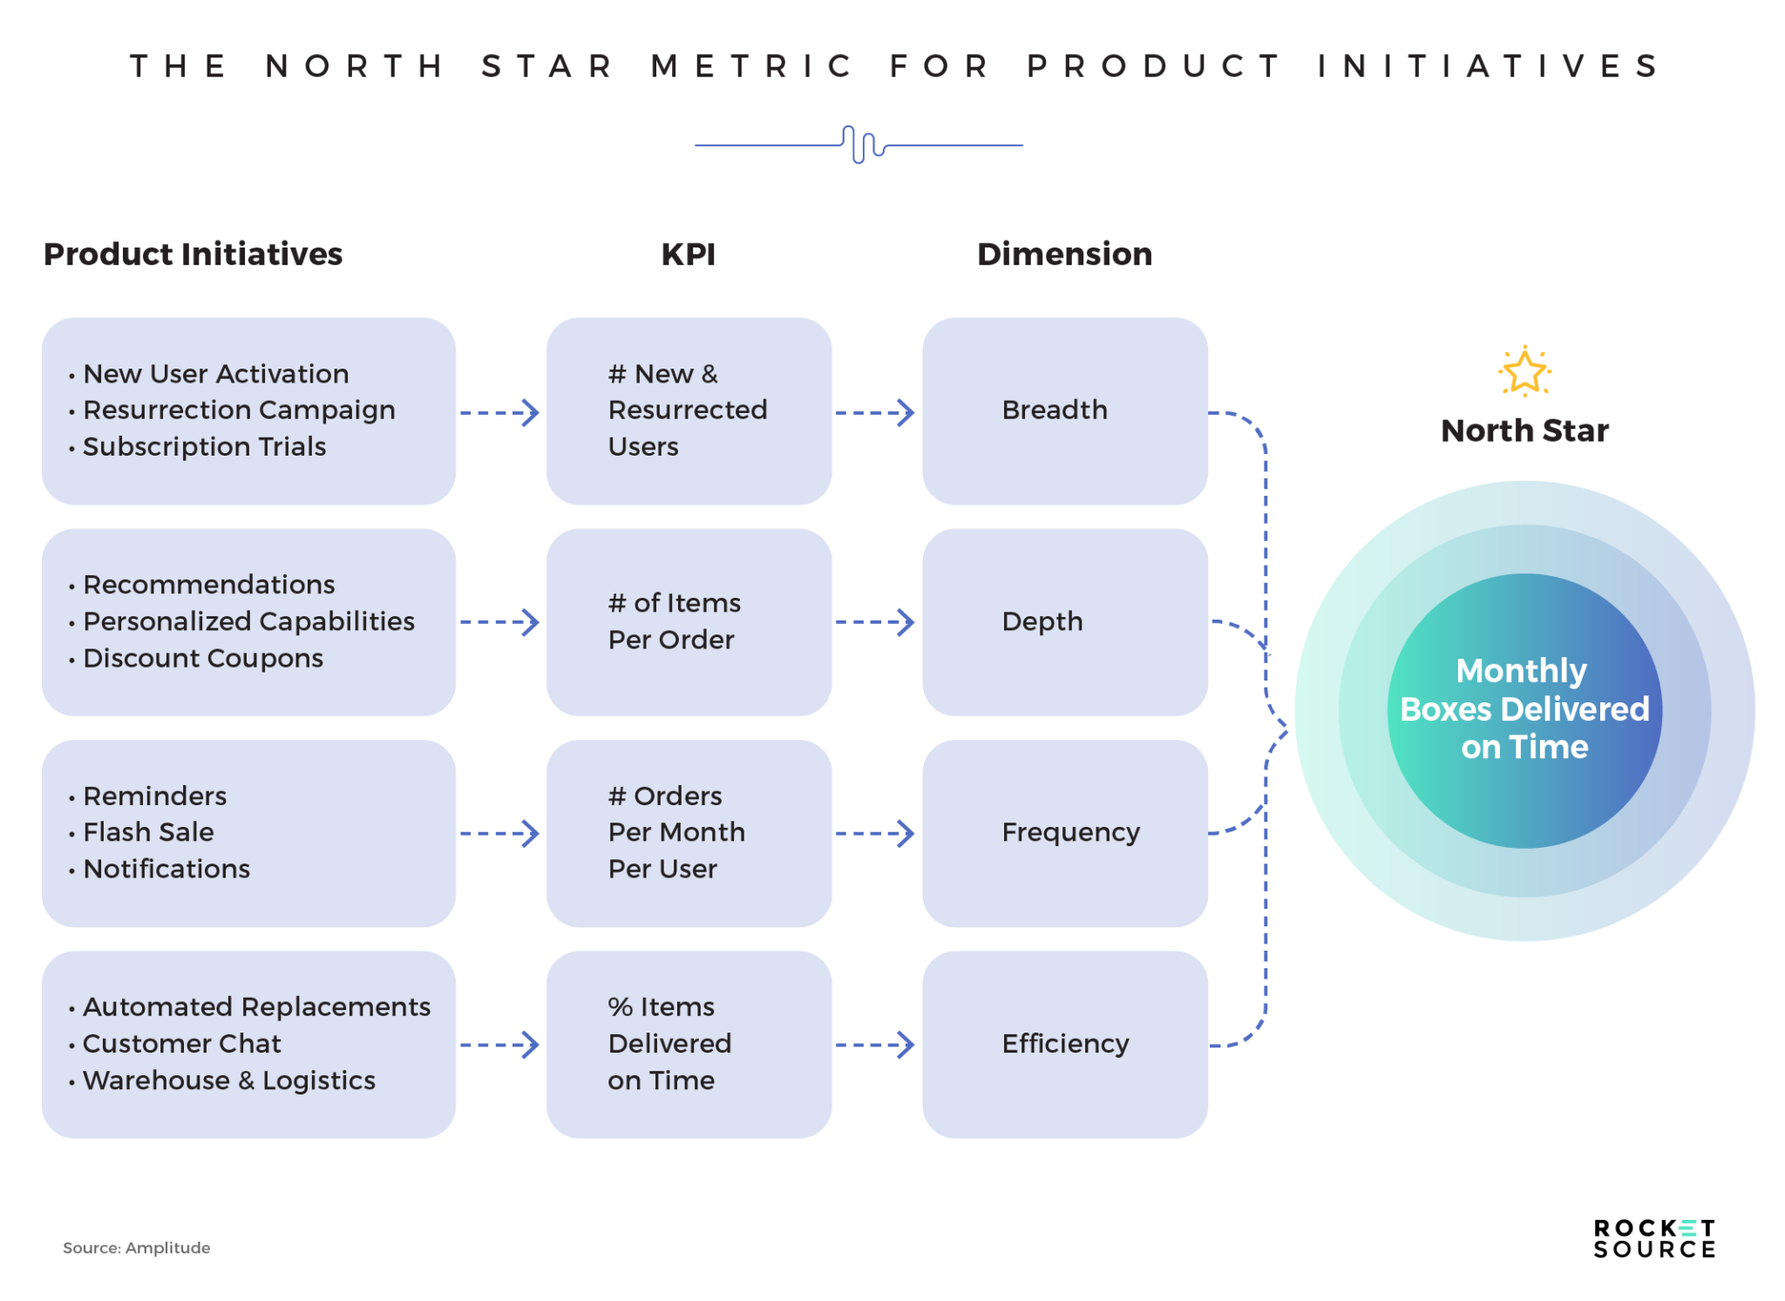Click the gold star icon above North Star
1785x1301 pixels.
pyautogui.click(x=1524, y=372)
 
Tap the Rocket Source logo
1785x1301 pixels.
pyautogui.click(x=1653, y=1238)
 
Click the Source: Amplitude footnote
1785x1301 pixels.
pyautogui.click(x=136, y=1248)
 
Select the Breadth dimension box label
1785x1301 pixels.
pyautogui.click(x=1055, y=410)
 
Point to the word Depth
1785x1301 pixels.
pyautogui.click(x=1042, y=621)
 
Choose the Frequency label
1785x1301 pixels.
pyautogui.click(x=1070, y=832)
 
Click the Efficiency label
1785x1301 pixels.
pyautogui.click(x=1065, y=1043)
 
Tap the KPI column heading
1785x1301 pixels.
pyautogui.click(x=688, y=254)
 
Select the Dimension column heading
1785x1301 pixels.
pyautogui.click(x=1064, y=254)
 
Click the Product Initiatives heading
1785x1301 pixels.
pyautogui.click(x=193, y=254)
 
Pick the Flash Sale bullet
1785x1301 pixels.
pyautogui.click(x=148, y=832)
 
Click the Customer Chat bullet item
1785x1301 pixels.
pyautogui.click(x=181, y=1043)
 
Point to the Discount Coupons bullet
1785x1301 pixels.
pyautogui.click(x=202, y=658)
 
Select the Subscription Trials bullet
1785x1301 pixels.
pyautogui.click(x=204, y=446)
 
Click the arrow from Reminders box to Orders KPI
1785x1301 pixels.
pyautogui.click(x=499, y=833)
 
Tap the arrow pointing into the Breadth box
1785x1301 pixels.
pyautogui.click(x=875, y=412)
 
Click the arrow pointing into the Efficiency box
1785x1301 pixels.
pyautogui.click(x=875, y=1044)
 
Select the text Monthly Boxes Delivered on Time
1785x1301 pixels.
pyautogui.click(x=1524, y=709)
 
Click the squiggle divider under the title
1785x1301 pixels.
pyautogui.click(x=859, y=145)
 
